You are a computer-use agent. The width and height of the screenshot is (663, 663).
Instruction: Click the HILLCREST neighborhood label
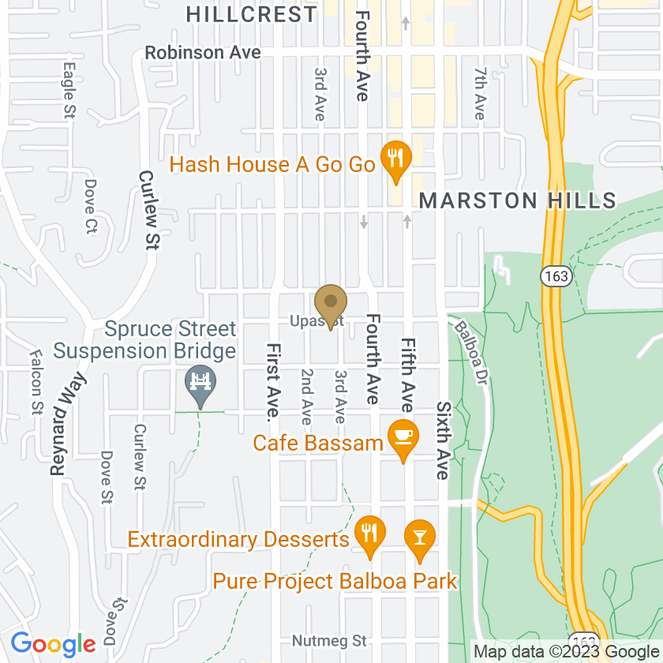pos(252,13)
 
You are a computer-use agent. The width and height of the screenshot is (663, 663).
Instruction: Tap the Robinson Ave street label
pos(202,53)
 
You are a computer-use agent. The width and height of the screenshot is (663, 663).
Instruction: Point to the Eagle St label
pos(69,90)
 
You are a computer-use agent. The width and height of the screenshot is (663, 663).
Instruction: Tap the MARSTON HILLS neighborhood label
pos(517,200)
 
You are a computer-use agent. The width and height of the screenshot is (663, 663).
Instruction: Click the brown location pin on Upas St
pos(331,304)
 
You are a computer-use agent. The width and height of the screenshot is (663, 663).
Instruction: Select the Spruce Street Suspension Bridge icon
pos(200,384)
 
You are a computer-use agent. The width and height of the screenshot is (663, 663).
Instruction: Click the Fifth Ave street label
pos(407,375)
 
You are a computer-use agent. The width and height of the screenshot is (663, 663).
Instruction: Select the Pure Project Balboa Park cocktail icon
pos(419,538)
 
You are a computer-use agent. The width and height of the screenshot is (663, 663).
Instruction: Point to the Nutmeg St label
pos(329,639)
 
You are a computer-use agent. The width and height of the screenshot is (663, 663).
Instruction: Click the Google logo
pos(53,644)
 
